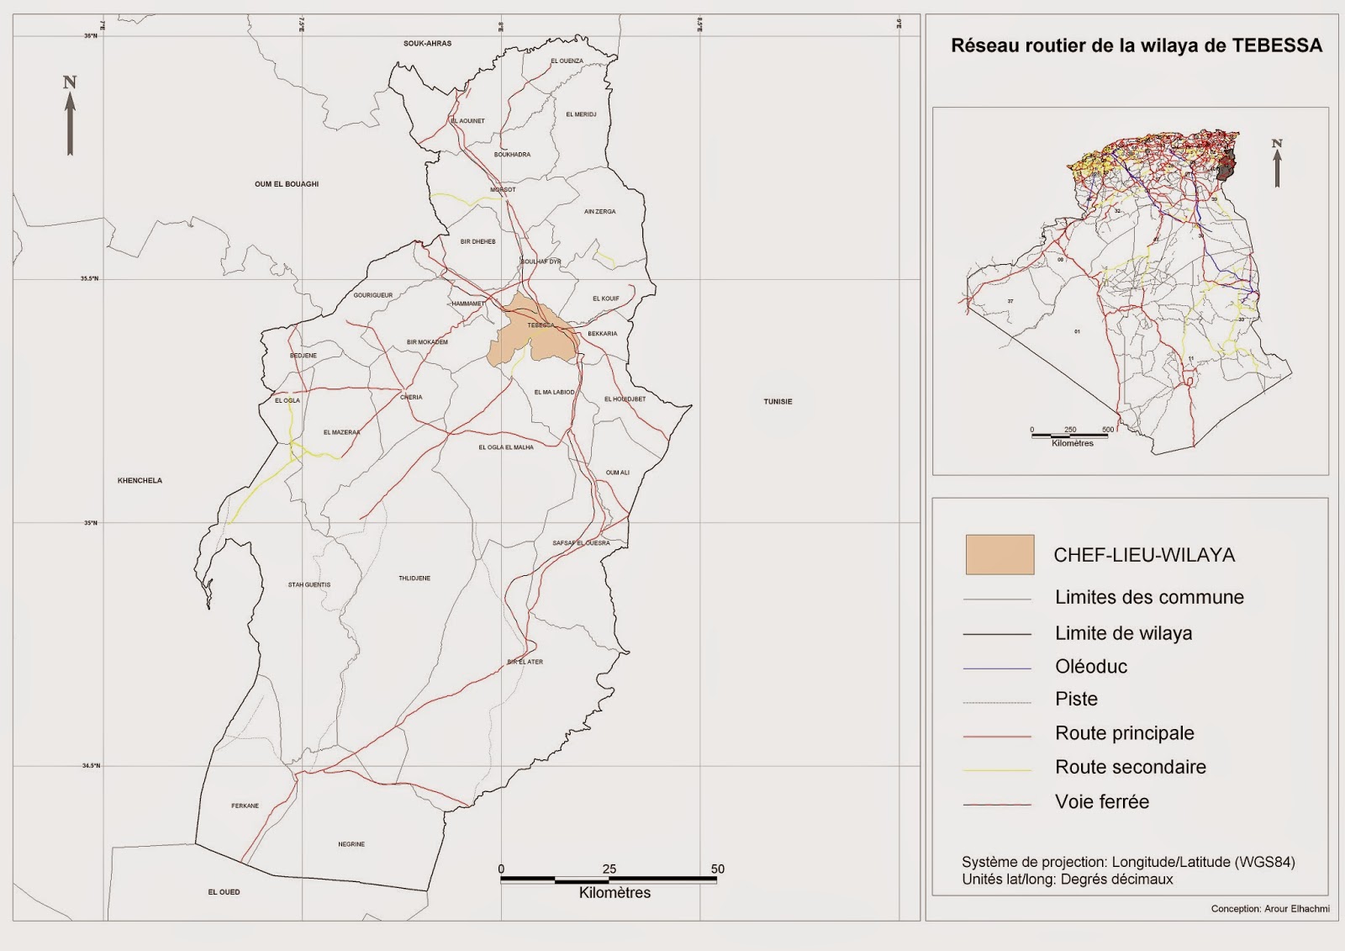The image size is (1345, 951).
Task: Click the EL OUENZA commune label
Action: pos(567,61)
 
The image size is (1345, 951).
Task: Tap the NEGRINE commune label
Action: pos(351,844)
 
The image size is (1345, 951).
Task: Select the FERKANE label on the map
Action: pos(245,806)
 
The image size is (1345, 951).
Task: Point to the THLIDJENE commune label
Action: pos(414,579)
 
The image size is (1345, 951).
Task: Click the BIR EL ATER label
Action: pos(525,663)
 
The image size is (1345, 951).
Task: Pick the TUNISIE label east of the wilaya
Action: pos(778,402)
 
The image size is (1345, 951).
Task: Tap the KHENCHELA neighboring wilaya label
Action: pos(140,481)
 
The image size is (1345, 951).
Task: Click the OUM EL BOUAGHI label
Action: pos(287,184)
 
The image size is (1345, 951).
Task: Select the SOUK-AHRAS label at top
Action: pos(427,44)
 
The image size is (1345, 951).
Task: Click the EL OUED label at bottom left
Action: pos(224,892)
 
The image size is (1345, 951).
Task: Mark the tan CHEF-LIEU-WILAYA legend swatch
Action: pos(1000,555)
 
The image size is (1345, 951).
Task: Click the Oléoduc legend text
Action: pos(1091,667)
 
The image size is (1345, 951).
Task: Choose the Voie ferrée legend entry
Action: pos(1101,802)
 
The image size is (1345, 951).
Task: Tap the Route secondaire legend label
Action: pos(1130,767)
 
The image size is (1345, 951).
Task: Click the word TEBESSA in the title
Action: pos(1277,45)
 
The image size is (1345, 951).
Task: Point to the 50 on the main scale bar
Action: pos(717,869)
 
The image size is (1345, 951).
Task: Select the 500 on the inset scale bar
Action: pos(1108,430)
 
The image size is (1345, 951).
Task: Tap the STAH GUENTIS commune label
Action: pos(309,585)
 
